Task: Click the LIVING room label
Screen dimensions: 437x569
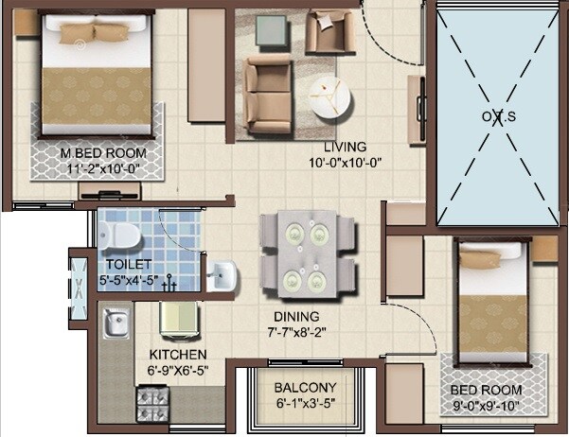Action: [345, 148]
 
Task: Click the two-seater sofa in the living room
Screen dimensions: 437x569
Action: [268, 86]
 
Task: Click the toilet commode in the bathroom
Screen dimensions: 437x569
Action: [120, 233]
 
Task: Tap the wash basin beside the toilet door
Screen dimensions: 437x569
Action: [220, 275]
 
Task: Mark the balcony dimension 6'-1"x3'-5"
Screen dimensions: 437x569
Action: [305, 403]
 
